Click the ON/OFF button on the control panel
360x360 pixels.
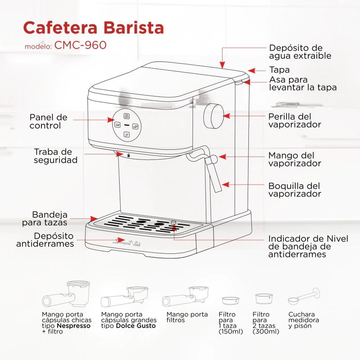(126, 116)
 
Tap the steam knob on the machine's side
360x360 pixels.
(213, 116)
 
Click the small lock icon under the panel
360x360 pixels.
(128, 155)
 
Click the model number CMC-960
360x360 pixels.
(81, 45)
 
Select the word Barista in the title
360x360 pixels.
(134, 27)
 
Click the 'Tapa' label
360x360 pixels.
(279, 70)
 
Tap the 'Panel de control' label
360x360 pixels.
(49, 121)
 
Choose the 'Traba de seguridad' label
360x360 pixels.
(55, 156)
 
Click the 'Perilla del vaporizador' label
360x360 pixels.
(295, 121)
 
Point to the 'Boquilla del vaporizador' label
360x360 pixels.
(295, 190)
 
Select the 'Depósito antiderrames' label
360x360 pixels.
(45, 240)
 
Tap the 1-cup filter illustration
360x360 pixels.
(230, 301)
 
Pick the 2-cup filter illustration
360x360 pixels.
(264, 298)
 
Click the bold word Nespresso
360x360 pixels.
(74, 326)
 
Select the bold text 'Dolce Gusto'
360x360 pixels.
(136, 326)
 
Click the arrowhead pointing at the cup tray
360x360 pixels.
(94, 219)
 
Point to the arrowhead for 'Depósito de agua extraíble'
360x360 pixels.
(222, 65)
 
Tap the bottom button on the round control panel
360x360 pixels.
(127, 134)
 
